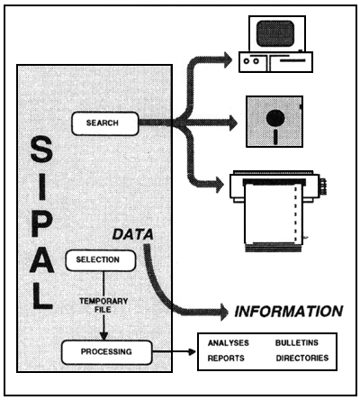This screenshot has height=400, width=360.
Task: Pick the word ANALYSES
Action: click(x=228, y=344)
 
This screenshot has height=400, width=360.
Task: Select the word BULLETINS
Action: click(x=297, y=344)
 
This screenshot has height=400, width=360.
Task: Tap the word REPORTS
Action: click(x=225, y=358)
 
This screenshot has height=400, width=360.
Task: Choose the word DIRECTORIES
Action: click(x=302, y=358)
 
